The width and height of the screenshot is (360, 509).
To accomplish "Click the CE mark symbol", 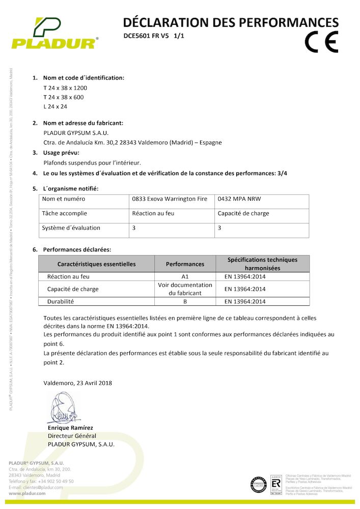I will [321, 42].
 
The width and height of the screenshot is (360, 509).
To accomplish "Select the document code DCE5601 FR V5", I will [146, 36].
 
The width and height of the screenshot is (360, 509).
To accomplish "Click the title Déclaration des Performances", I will [231, 22].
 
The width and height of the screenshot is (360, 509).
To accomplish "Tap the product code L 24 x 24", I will [56, 106].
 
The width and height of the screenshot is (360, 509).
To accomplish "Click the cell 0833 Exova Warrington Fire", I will [170, 199].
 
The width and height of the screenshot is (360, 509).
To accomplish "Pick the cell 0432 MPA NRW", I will [239, 199].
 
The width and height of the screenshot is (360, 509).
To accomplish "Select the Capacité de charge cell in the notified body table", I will [243, 213].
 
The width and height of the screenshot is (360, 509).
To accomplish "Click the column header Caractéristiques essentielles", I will [96, 264].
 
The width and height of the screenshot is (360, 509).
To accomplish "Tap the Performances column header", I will [185, 264].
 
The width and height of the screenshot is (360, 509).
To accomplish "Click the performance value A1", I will [185, 277].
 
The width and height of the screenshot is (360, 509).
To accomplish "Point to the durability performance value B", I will [185, 301].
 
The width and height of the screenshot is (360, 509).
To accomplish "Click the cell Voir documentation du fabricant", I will [185, 289].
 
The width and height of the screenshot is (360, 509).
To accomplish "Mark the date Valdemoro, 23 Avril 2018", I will [78, 383].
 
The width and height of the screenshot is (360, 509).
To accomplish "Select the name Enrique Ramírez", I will [70, 428].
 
